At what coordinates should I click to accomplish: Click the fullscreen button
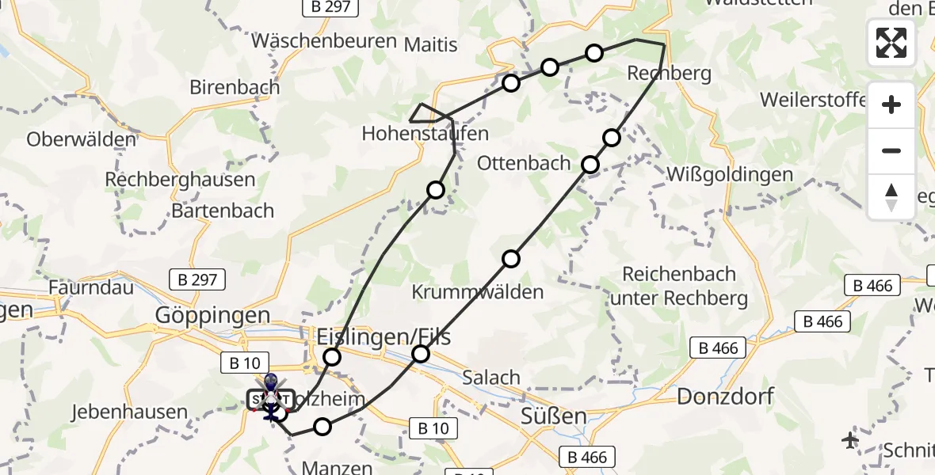[x=891, y=43]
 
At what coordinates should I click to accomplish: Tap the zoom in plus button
[x=891, y=104]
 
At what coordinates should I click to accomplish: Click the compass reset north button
[x=891, y=197]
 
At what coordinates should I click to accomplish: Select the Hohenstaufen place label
[x=425, y=133]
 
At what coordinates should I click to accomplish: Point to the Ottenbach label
[x=524, y=164]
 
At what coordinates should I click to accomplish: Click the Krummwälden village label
[x=478, y=291]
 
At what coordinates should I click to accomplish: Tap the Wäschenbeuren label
[x=324, y=40]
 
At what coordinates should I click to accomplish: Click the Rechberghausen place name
[x=181, y=180]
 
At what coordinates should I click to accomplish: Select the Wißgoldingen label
[x=730, y=174]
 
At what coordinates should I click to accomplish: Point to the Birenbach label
[x=235, y=87]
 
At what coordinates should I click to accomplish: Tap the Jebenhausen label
[x=129, y=412]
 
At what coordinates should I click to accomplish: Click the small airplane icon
[x=851, y=439]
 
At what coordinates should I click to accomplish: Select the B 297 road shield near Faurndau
[x=198, y=279]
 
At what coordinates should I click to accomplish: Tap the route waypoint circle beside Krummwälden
[x=511, y=259]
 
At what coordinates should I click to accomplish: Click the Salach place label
[x=491, y=378]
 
